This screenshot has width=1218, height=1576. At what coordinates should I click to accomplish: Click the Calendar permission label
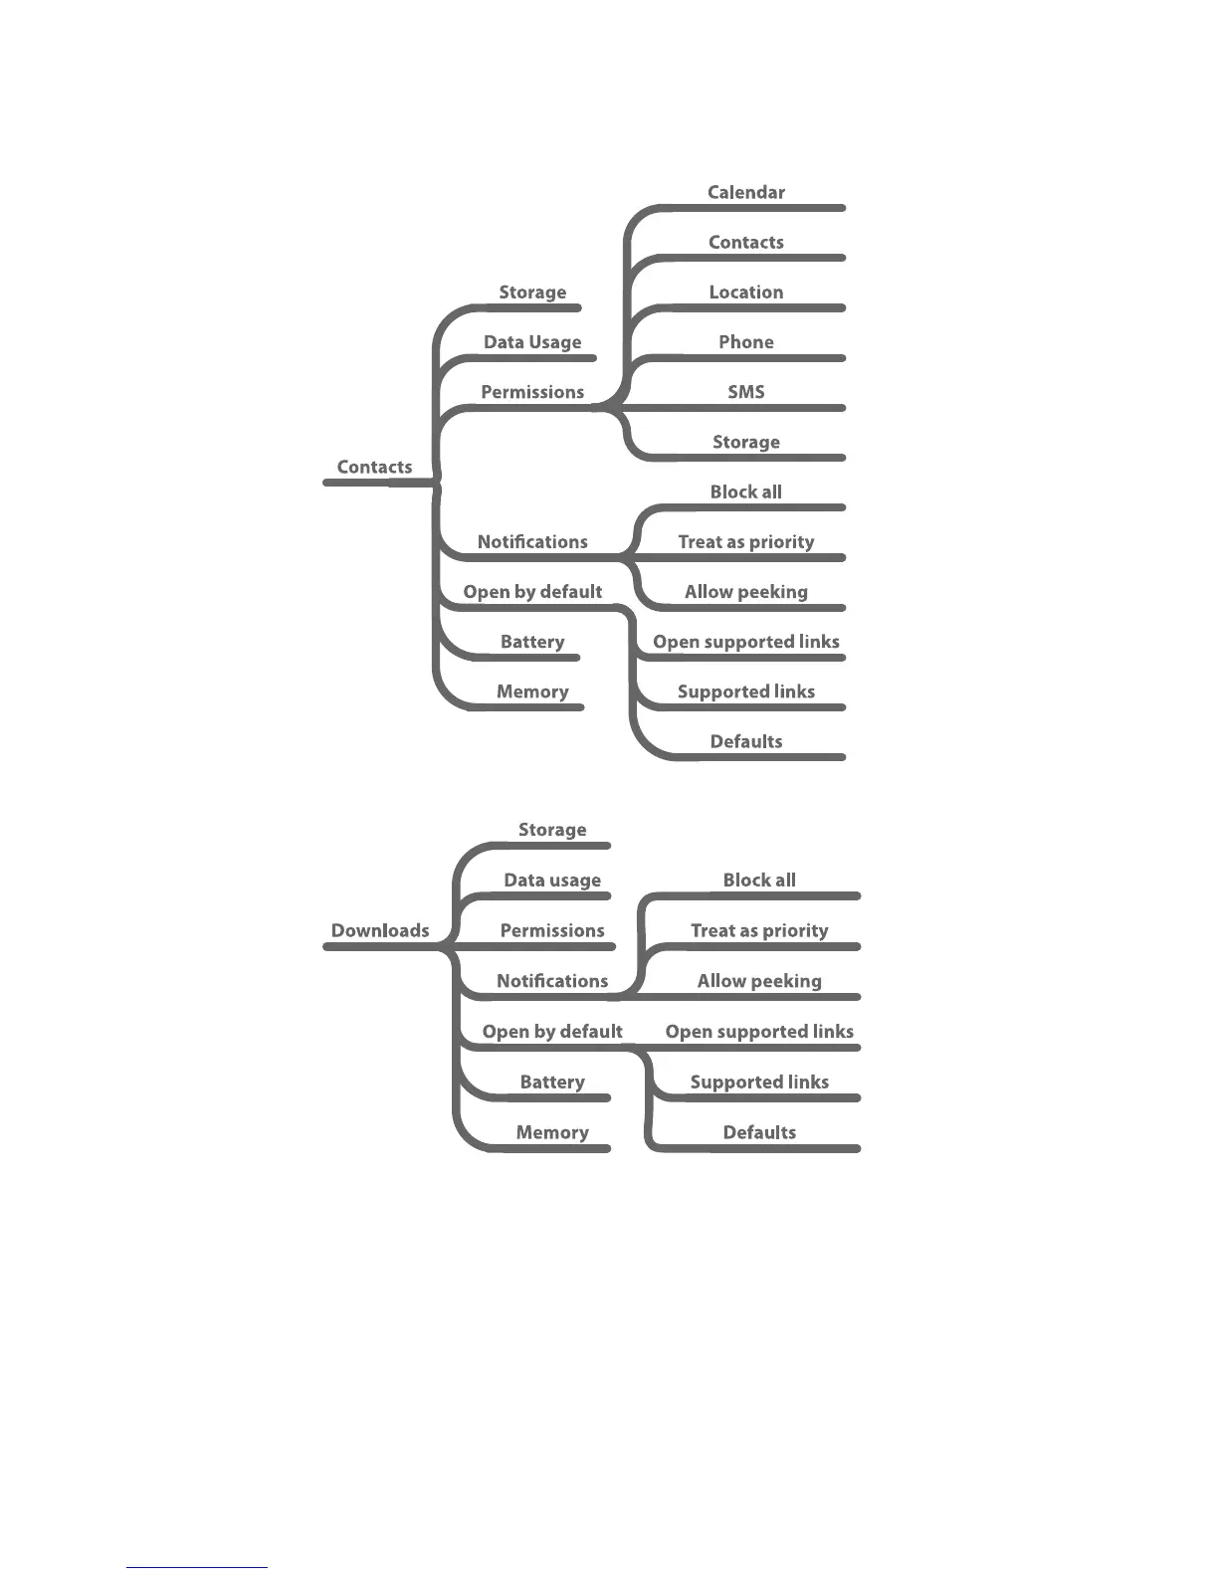pyautogui.click(x=745, y=192)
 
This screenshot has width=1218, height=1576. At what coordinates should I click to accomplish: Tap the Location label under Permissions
pyautogui.click(x=745, y=292)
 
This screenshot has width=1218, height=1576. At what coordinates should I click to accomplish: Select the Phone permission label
pyautogui.click(x=745, y=341)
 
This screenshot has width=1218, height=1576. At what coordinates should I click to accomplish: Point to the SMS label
pyautogui.click(x=745, y=391)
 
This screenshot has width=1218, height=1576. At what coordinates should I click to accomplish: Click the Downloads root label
pyautogui.click(x=380, y=930)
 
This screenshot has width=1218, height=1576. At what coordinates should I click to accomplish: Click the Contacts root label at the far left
pyautogui.click(x=374, y=467)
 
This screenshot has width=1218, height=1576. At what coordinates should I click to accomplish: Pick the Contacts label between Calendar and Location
pyautogui.click(x=745, y=242)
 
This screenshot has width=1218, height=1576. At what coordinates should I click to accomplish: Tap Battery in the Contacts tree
pyautogui.click(x=532, y=642)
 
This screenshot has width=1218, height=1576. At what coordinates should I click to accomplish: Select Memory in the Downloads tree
pyautogui.click(x=552, y=1132)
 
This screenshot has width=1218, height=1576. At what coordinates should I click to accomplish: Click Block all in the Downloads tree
pyautogui.click(x=759, y=880)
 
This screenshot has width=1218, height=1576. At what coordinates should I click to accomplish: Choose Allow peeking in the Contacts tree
pyautogui.click(x=745, y=591)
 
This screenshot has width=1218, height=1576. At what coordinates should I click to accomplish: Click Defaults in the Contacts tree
pyautogui.click(x=745, y=741)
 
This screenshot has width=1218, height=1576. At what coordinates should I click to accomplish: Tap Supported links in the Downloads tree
pyautogui.click(x=759, y=1082)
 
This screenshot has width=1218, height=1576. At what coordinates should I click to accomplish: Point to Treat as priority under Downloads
pyautogui.click(x=759, y=930)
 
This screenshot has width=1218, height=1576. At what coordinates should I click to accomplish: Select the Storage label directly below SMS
pyautogui.click(x=745, y=442)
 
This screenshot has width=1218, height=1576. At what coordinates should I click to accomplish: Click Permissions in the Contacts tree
pyautogui.click(x=532, y=391)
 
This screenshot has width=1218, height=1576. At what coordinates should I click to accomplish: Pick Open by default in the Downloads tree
pyautogui.click(x=552, y=1031)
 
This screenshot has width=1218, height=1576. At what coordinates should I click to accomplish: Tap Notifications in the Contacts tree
pyautogui.click(x=532, y=541)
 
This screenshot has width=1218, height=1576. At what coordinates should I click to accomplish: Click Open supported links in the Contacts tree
pyautogui.click(x=745, y=642)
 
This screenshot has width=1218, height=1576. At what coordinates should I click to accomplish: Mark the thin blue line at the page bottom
pyautogui.click(x=197, y=1567)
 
